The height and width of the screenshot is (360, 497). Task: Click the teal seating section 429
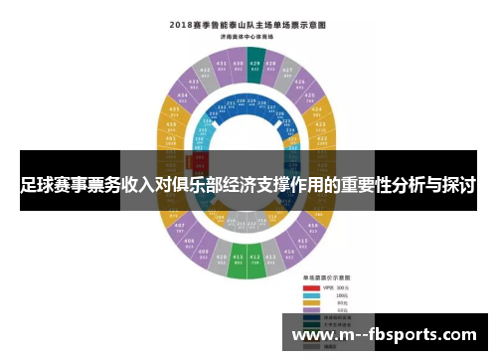[x=255, y=67]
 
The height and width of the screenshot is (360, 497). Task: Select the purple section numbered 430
[x=237, y=67]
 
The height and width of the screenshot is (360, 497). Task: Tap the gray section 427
[x=294, y=73]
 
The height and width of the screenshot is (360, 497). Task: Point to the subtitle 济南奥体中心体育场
[x=248, y=36]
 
